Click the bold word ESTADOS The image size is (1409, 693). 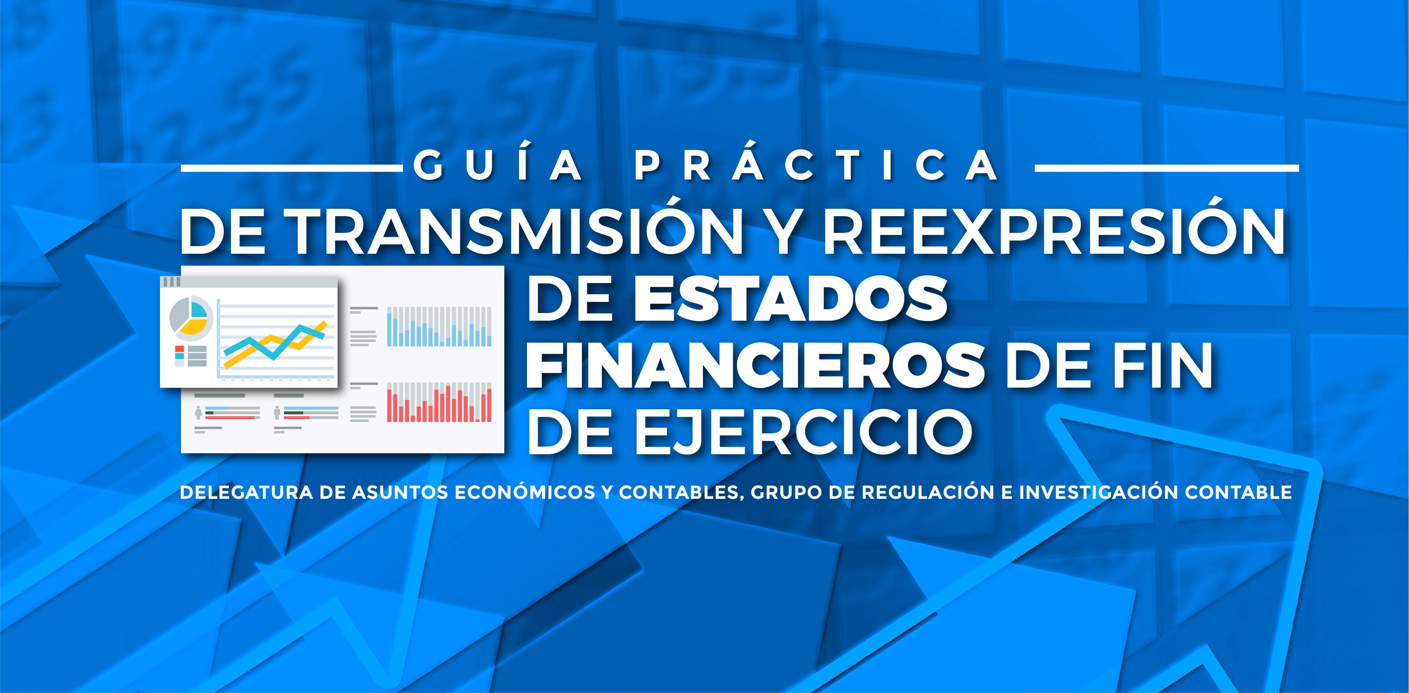pyautogui.click(x=790, y=300)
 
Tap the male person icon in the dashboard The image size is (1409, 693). pyautogui.click(x=277, y=412)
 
